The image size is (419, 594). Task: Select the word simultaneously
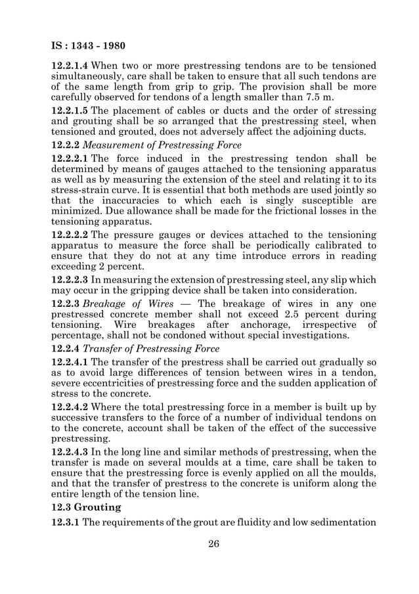95,78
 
